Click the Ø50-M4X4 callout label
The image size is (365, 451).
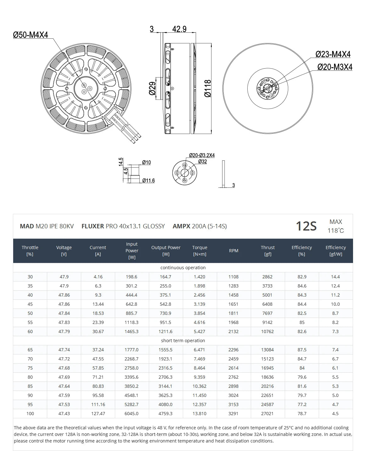click(31, 35)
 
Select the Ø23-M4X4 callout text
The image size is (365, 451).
click(333, 54)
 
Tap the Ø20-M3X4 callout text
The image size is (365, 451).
click(334, 67)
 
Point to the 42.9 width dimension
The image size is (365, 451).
click(179, 29)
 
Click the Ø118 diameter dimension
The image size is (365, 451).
click(208, 88)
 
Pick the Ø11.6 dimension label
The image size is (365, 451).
click(148, 181)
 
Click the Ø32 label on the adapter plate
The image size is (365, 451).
click(202, 161)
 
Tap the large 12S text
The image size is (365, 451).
click(306, 226)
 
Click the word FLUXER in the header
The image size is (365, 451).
click(93, 226)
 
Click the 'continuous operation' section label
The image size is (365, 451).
click(183, 268)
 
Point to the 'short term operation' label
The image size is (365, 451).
click(183, 341)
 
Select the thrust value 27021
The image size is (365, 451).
click(267, 414)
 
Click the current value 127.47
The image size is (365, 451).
click(98, 414)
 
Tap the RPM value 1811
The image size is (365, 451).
click(233, 313)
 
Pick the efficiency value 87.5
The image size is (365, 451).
click(301, 350)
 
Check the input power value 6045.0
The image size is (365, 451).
click(132, 414)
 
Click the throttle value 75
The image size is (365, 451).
click(30, 368)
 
